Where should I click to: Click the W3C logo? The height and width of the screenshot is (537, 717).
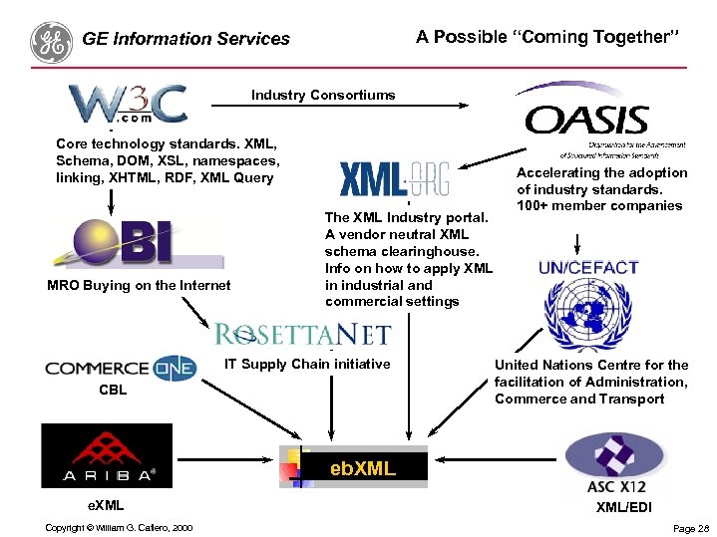[x=128, y=104]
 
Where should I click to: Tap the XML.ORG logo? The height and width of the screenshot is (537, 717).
[x=395, y=179]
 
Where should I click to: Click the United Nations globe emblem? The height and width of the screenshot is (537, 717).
[x=588, y=314]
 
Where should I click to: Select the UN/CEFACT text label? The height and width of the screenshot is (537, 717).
[x=588, y=268]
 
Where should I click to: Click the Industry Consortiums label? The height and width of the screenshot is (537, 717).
[x=323, y=96]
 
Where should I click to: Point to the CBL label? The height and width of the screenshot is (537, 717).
[x=113, y=390]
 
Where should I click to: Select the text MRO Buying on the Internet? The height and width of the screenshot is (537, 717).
[x=139, y=285]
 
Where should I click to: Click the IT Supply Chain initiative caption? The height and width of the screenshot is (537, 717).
[x=307, y=364]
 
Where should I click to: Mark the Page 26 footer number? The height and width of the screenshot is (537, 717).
[x=691, y=528]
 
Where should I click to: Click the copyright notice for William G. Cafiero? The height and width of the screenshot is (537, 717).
[x=119, y=527]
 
